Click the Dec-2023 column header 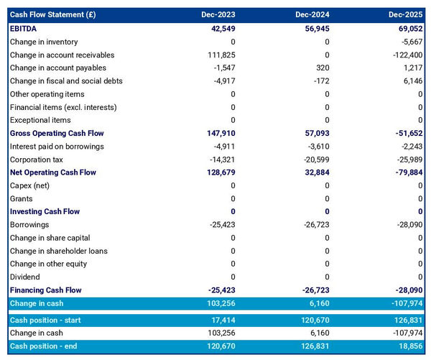coord(218,14)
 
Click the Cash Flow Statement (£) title coord(54,14)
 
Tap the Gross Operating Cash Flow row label coord(57,134)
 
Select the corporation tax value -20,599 coord(313,160)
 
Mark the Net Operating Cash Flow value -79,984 coord(407,172)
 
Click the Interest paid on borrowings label coord(57,147)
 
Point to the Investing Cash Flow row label coord(45,212)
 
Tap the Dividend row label coord(25,277)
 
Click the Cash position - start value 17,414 coord(221,320)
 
